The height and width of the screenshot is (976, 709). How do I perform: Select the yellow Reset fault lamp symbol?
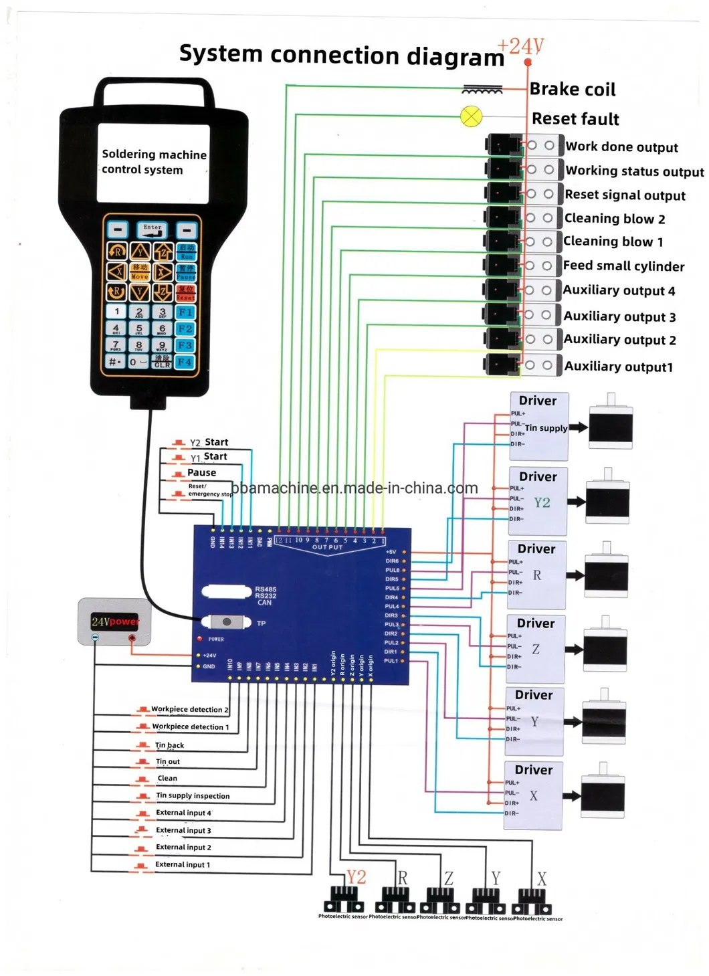[472, 116]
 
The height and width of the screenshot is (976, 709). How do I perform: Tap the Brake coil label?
[572, 89]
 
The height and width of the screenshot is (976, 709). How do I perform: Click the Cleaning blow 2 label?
[614, 219]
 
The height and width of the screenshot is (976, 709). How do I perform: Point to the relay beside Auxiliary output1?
[503, 365]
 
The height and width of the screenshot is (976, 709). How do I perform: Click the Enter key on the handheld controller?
[153, 229]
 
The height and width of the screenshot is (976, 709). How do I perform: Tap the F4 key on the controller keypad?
[185, 362]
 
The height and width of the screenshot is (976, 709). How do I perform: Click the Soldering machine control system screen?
[153, 163]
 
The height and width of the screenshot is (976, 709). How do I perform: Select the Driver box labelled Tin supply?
[538, 426]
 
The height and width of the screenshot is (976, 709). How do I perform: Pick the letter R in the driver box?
[537, 575]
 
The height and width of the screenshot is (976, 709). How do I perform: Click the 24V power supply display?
[114, 621]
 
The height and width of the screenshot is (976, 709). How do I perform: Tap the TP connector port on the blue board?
[226, 622]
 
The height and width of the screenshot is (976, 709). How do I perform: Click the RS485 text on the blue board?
[265, 589]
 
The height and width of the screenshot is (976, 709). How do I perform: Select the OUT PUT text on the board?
[327, 547]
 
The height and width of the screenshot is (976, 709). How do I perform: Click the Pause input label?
[201, 472]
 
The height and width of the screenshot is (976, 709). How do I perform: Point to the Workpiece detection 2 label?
[189, 709]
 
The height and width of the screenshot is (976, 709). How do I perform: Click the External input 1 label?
[182, 864]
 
